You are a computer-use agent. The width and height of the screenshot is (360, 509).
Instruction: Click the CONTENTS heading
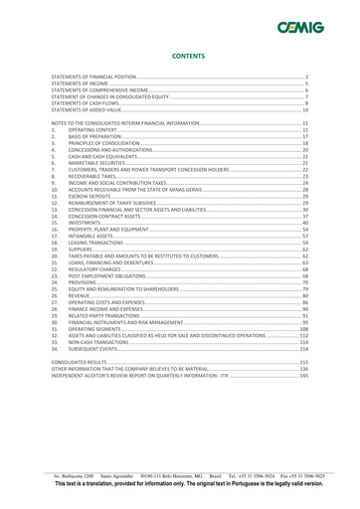tap(180, 59)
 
